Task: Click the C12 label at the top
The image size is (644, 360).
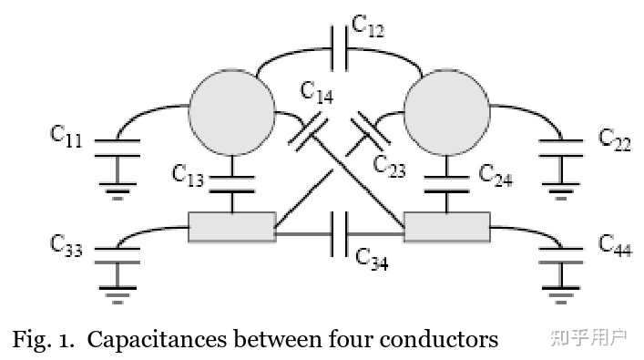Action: coord(368,26)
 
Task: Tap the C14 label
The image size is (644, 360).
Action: coord(317,92)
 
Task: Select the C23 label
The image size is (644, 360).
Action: coord(389,166)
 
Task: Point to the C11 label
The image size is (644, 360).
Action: coord(66,136)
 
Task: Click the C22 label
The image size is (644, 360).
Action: coord(615,139)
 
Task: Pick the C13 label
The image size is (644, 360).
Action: coord(188,175)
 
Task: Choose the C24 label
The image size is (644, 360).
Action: coord(496,175)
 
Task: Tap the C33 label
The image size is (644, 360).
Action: coord(66,245)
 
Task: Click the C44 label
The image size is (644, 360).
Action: coord(615,245)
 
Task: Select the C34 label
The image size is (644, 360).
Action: coord(372,260)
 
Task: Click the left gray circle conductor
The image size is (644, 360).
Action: coord(232,112)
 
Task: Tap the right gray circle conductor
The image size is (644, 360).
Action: coord(447,112)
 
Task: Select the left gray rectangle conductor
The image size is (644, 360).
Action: coord(232,227)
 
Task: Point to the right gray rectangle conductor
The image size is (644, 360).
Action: coord(447,227)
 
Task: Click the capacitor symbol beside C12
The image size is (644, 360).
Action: coord(340,48)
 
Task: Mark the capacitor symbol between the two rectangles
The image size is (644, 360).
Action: coord(340,234)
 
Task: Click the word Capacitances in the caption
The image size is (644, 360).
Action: coord(157,340)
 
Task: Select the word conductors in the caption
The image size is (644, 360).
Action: coord(439,340)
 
